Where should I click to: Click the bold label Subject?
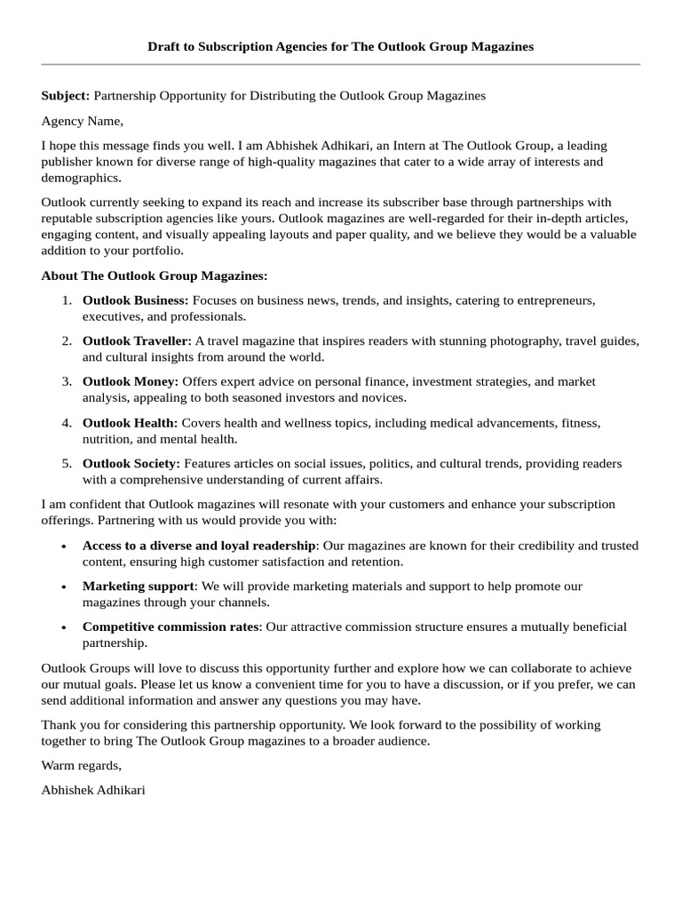click(65, 95)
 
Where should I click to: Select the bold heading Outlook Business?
click(135, 300)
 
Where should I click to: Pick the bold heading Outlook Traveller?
click(137, 340)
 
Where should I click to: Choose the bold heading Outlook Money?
click(131, 381)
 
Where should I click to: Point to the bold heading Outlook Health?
click(130, 422)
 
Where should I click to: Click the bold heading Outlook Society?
click(131, 463)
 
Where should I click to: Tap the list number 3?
click(67, 381)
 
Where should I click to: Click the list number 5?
click(67, 463)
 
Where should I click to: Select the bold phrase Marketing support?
click(138, 586)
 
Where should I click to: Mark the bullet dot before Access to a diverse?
click(64, 547)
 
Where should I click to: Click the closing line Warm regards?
click(81, 765)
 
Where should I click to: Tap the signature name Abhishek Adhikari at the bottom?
click(93, 789)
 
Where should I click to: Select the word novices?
click(385, 397)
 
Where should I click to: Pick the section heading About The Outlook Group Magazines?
click(154, 275)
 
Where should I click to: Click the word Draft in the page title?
click(166, 46)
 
